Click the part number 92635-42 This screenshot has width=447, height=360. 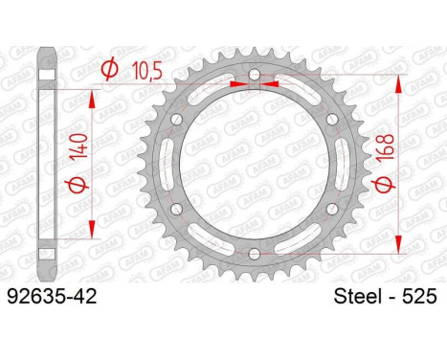coord(52,297)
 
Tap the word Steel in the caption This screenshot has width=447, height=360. coord(358,297)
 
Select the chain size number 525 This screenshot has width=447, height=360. coord(419,297)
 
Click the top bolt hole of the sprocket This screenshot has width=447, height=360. coord(254,75)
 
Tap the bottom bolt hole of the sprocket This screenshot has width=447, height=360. coord(254,254)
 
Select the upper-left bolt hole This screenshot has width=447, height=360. coord(176,120)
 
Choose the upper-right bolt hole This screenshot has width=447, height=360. coord(332,120)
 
